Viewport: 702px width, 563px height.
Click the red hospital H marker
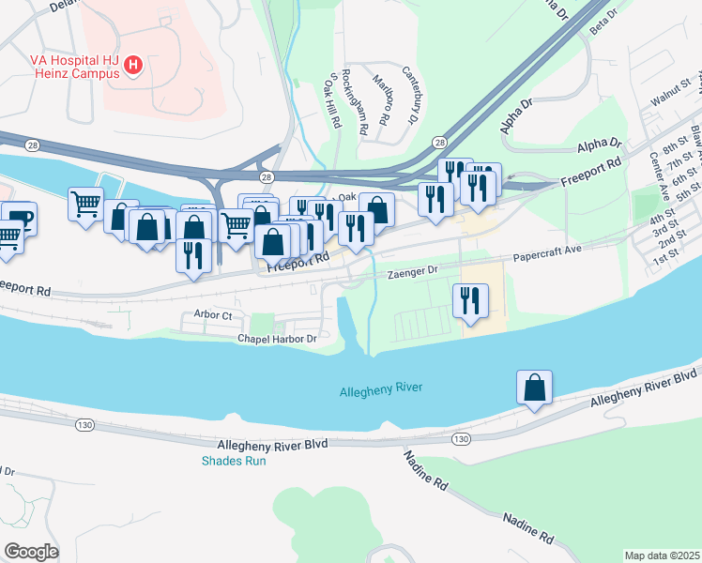pyautogui.click(x=133, y=66)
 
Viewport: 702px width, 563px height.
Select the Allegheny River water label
pyautogui.click(x=381, y=388)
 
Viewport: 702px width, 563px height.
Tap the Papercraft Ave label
pyautogui.click(x=547, y=252)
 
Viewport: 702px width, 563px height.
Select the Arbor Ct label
pyautogui.click(x=212, y=314)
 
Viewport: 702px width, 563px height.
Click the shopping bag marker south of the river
pyautogui.click(x=534, y=388)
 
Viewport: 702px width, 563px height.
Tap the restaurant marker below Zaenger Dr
pyautogui.click(x=470, y=300)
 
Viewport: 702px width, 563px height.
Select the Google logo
pyautogui.click(x=31, y=552)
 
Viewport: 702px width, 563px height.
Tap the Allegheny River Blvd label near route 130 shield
pyautogui.click(x=272, y=444)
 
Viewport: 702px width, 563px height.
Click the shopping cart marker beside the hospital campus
pyautogui.click(x=85, y=201)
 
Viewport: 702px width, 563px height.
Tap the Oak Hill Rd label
pyautogui.click(x=330, y=99)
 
